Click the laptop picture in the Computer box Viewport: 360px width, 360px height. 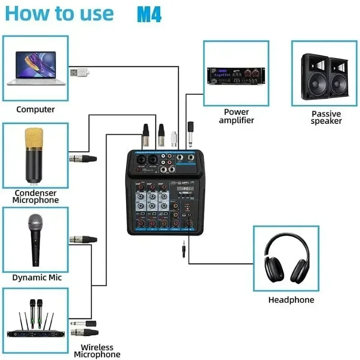(x=36, y=67)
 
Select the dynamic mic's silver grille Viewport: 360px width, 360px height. (x=36, y=223)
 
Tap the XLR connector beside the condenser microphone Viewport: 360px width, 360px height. (x=83, y=158)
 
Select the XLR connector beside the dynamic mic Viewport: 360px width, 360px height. (x=83, y=239)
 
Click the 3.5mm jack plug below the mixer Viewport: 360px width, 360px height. (x=184, y=249)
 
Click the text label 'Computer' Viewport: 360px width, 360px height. (x=36, y=109)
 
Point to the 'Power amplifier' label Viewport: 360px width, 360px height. (x=236, y=116)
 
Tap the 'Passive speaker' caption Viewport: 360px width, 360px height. (x=326, y=117)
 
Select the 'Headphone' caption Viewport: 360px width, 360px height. (x=291, y=300)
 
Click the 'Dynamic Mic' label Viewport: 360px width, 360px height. (x=37, y=278)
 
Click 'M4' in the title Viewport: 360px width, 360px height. (x=149, y=14)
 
